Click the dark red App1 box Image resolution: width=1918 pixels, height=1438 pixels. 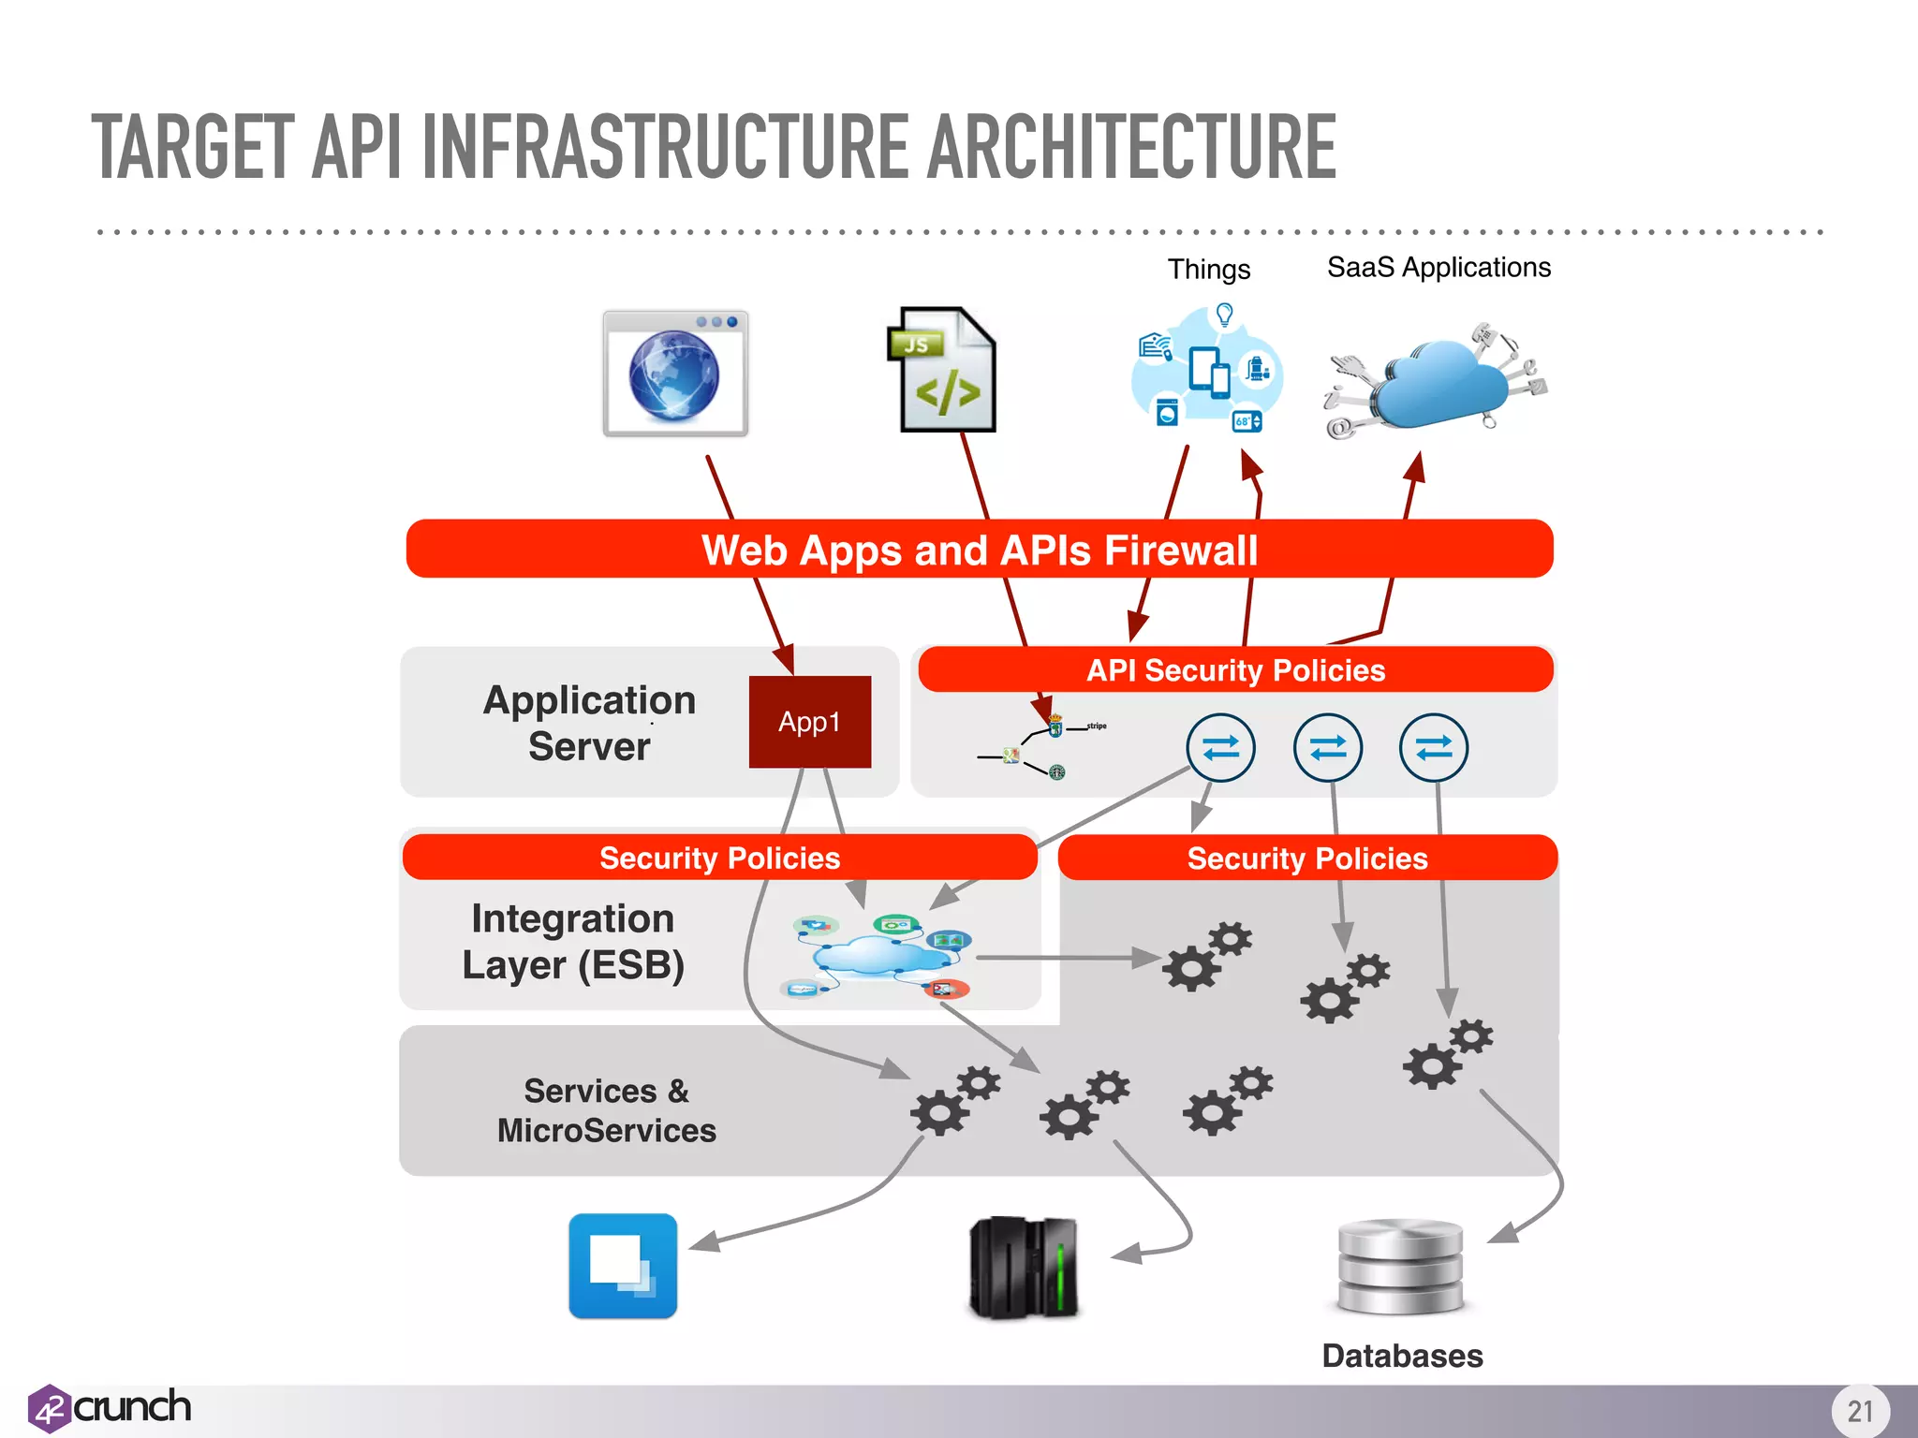(x=809, y=722)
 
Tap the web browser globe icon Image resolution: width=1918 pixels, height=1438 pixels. (x=675, y=374)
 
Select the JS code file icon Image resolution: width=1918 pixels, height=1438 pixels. (x=942, y=371)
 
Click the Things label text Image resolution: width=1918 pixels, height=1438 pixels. (x=1208, y=270)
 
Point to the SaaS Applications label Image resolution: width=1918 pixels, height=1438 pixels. (x=1438, y=268)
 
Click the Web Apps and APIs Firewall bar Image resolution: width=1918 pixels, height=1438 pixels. (x=980, y=550)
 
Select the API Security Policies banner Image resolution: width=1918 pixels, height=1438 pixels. (x=1235, y=670)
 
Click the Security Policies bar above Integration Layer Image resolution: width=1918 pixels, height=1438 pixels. (x=719, y=858)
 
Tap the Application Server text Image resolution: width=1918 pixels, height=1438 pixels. (x=589, y=723)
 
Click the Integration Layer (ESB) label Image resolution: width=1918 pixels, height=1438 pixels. (x=573, y=942)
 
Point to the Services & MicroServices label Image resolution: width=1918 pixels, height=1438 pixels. (x=607, y=1110)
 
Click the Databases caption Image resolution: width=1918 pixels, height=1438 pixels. (x=1402, y=1356)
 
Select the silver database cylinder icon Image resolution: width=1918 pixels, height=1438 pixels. (x=1400, y=1267)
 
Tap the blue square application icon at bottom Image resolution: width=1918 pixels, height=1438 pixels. (x=623, y=1266)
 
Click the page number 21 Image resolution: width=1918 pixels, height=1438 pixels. (x=1860, y=1411)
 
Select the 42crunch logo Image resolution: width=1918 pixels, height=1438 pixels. (x=111, y=1408)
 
